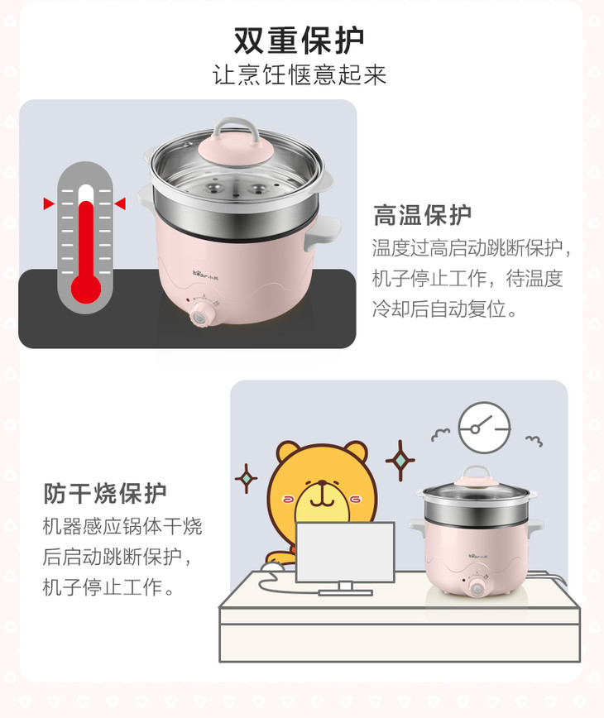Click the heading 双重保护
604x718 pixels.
coord(299,41)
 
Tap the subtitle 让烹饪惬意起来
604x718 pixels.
coord(300,74)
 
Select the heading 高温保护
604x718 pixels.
coord(422,215)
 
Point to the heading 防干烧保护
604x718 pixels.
coord(105,493)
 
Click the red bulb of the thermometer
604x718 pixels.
coord(86,289)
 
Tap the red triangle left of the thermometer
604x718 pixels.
coord(49,203)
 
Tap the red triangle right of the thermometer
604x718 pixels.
coord(121,203)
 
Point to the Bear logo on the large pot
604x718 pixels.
coord(205,273)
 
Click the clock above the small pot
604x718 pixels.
coord(485,428)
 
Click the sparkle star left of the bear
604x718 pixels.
coord(246,478)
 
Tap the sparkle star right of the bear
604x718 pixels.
coord(400,460)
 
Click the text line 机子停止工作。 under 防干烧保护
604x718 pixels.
coord(108,587)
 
